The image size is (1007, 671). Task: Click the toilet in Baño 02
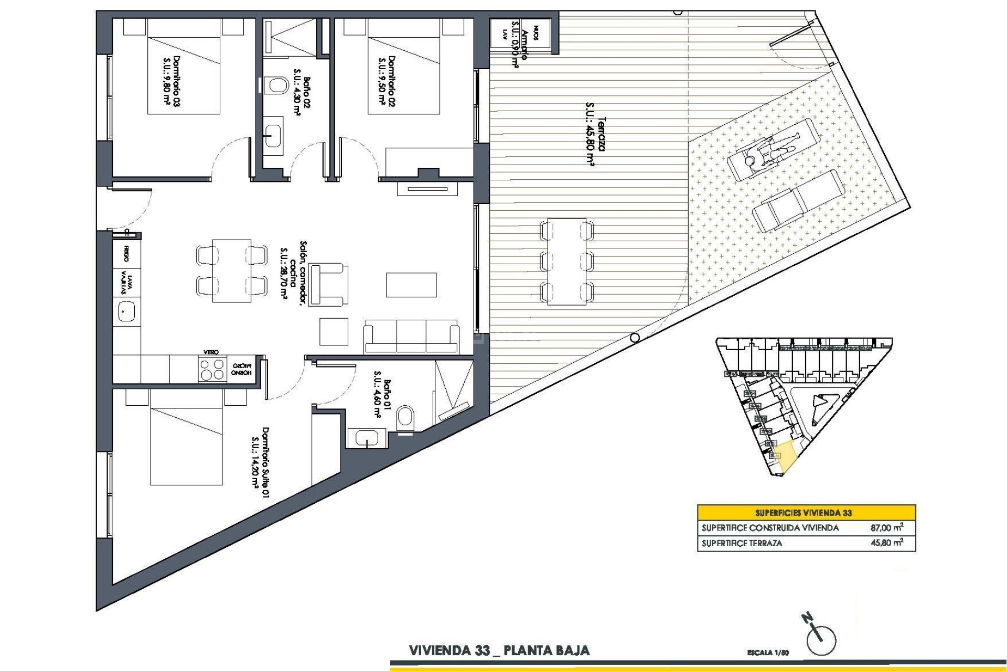(275, 85)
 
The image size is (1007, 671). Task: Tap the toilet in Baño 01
(406, 418)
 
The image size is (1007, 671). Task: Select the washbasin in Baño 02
(273, 132)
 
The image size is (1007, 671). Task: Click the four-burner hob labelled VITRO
(211, 369)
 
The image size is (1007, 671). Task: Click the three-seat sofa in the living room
(411, 336)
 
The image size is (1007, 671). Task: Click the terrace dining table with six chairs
(566, 261)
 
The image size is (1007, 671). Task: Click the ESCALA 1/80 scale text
(768, 653)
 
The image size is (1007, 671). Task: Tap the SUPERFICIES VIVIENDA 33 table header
(806, 513)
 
